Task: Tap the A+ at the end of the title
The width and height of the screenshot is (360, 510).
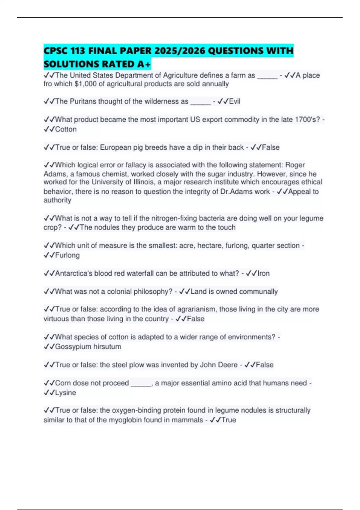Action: click(x=144, y=64)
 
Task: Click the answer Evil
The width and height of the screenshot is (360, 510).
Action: click(x=235, y=101)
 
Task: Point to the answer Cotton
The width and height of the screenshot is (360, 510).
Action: click(x=66, y=129)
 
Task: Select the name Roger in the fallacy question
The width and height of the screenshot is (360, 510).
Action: click(x=295, y=165)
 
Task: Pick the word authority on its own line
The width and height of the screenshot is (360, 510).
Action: click(x=57, y=200)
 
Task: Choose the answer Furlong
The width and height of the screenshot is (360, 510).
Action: click(x=67, y=255)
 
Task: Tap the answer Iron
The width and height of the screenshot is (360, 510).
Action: click(x=263, y=273)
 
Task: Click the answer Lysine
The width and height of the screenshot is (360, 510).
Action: click(x=65, y=393)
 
